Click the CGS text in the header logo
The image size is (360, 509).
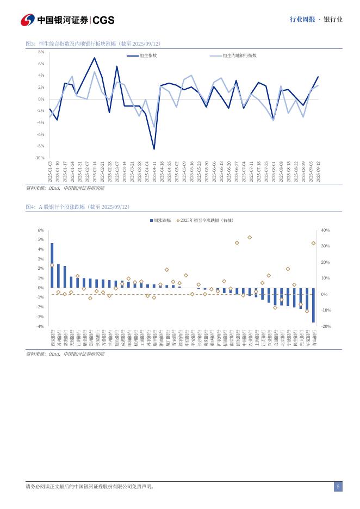coord(103,20)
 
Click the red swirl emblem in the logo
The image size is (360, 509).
coord(28,20)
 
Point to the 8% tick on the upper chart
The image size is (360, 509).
coord(41,52)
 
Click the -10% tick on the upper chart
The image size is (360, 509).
coord(40,158)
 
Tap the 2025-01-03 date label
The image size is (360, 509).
coord(50,172)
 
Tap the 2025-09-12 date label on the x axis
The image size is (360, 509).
coord(318,172)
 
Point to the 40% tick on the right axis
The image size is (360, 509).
coord(325,231)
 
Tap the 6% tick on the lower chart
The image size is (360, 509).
coord(40,231)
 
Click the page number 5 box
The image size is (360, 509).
coord(338,487)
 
